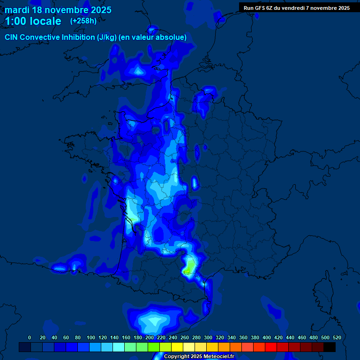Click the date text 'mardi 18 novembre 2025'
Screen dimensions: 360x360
point(58,10)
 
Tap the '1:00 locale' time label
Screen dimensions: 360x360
point(33,21)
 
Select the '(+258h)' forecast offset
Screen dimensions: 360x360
point(83,21)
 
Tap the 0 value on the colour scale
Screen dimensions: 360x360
point(30,337)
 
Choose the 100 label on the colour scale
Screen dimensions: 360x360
point(91,337)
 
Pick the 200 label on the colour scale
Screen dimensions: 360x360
point(150,337)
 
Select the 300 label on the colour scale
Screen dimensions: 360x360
point(208,337)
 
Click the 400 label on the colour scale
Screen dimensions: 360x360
point(267,337)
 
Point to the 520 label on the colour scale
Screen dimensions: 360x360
point(337,337)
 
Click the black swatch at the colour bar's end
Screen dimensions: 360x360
point(330,347)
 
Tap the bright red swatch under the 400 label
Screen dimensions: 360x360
point(271,347)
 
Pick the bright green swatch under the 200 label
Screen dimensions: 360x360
point(154,347)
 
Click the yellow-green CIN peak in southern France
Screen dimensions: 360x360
point(188,270)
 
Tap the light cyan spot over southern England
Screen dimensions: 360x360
point(138,71)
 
